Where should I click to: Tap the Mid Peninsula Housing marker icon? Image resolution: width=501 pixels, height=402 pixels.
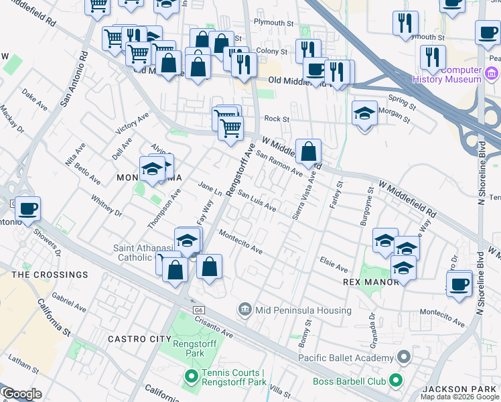tap(245, 310)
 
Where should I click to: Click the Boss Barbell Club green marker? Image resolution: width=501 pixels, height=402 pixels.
tap(396, 381)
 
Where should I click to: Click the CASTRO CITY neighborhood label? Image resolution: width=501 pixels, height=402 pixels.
tap(140, 340)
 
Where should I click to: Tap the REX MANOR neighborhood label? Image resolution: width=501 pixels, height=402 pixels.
tap(370, 282)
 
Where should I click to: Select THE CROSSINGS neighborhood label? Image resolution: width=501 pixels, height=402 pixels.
tap(50, 275)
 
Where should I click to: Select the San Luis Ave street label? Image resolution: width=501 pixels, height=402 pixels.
tap(257, 203)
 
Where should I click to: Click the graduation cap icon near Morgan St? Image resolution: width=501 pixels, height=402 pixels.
tap(364, 113)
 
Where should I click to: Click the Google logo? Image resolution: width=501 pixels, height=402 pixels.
tap(21, 394)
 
